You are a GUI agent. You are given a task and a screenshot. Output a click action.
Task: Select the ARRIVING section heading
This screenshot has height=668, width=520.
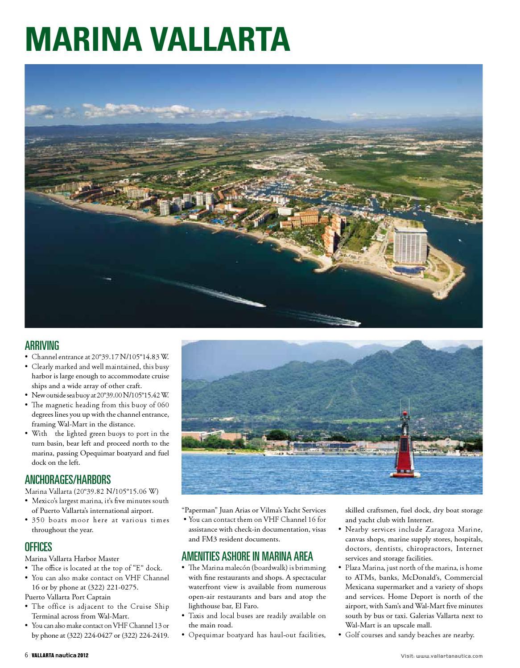tap(42, 345)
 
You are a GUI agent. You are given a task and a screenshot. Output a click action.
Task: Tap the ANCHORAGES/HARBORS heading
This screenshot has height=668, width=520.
tap(68, 480)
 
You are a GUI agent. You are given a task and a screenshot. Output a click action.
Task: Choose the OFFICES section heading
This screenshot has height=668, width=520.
tap(38, 547)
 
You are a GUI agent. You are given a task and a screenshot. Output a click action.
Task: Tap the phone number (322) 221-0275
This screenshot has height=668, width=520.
tap(116, 587)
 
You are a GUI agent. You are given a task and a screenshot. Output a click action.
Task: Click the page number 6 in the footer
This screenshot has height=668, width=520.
tap(26, 656)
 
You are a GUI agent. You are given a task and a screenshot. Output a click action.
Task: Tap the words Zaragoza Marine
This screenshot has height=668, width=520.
tap(451, 529)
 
